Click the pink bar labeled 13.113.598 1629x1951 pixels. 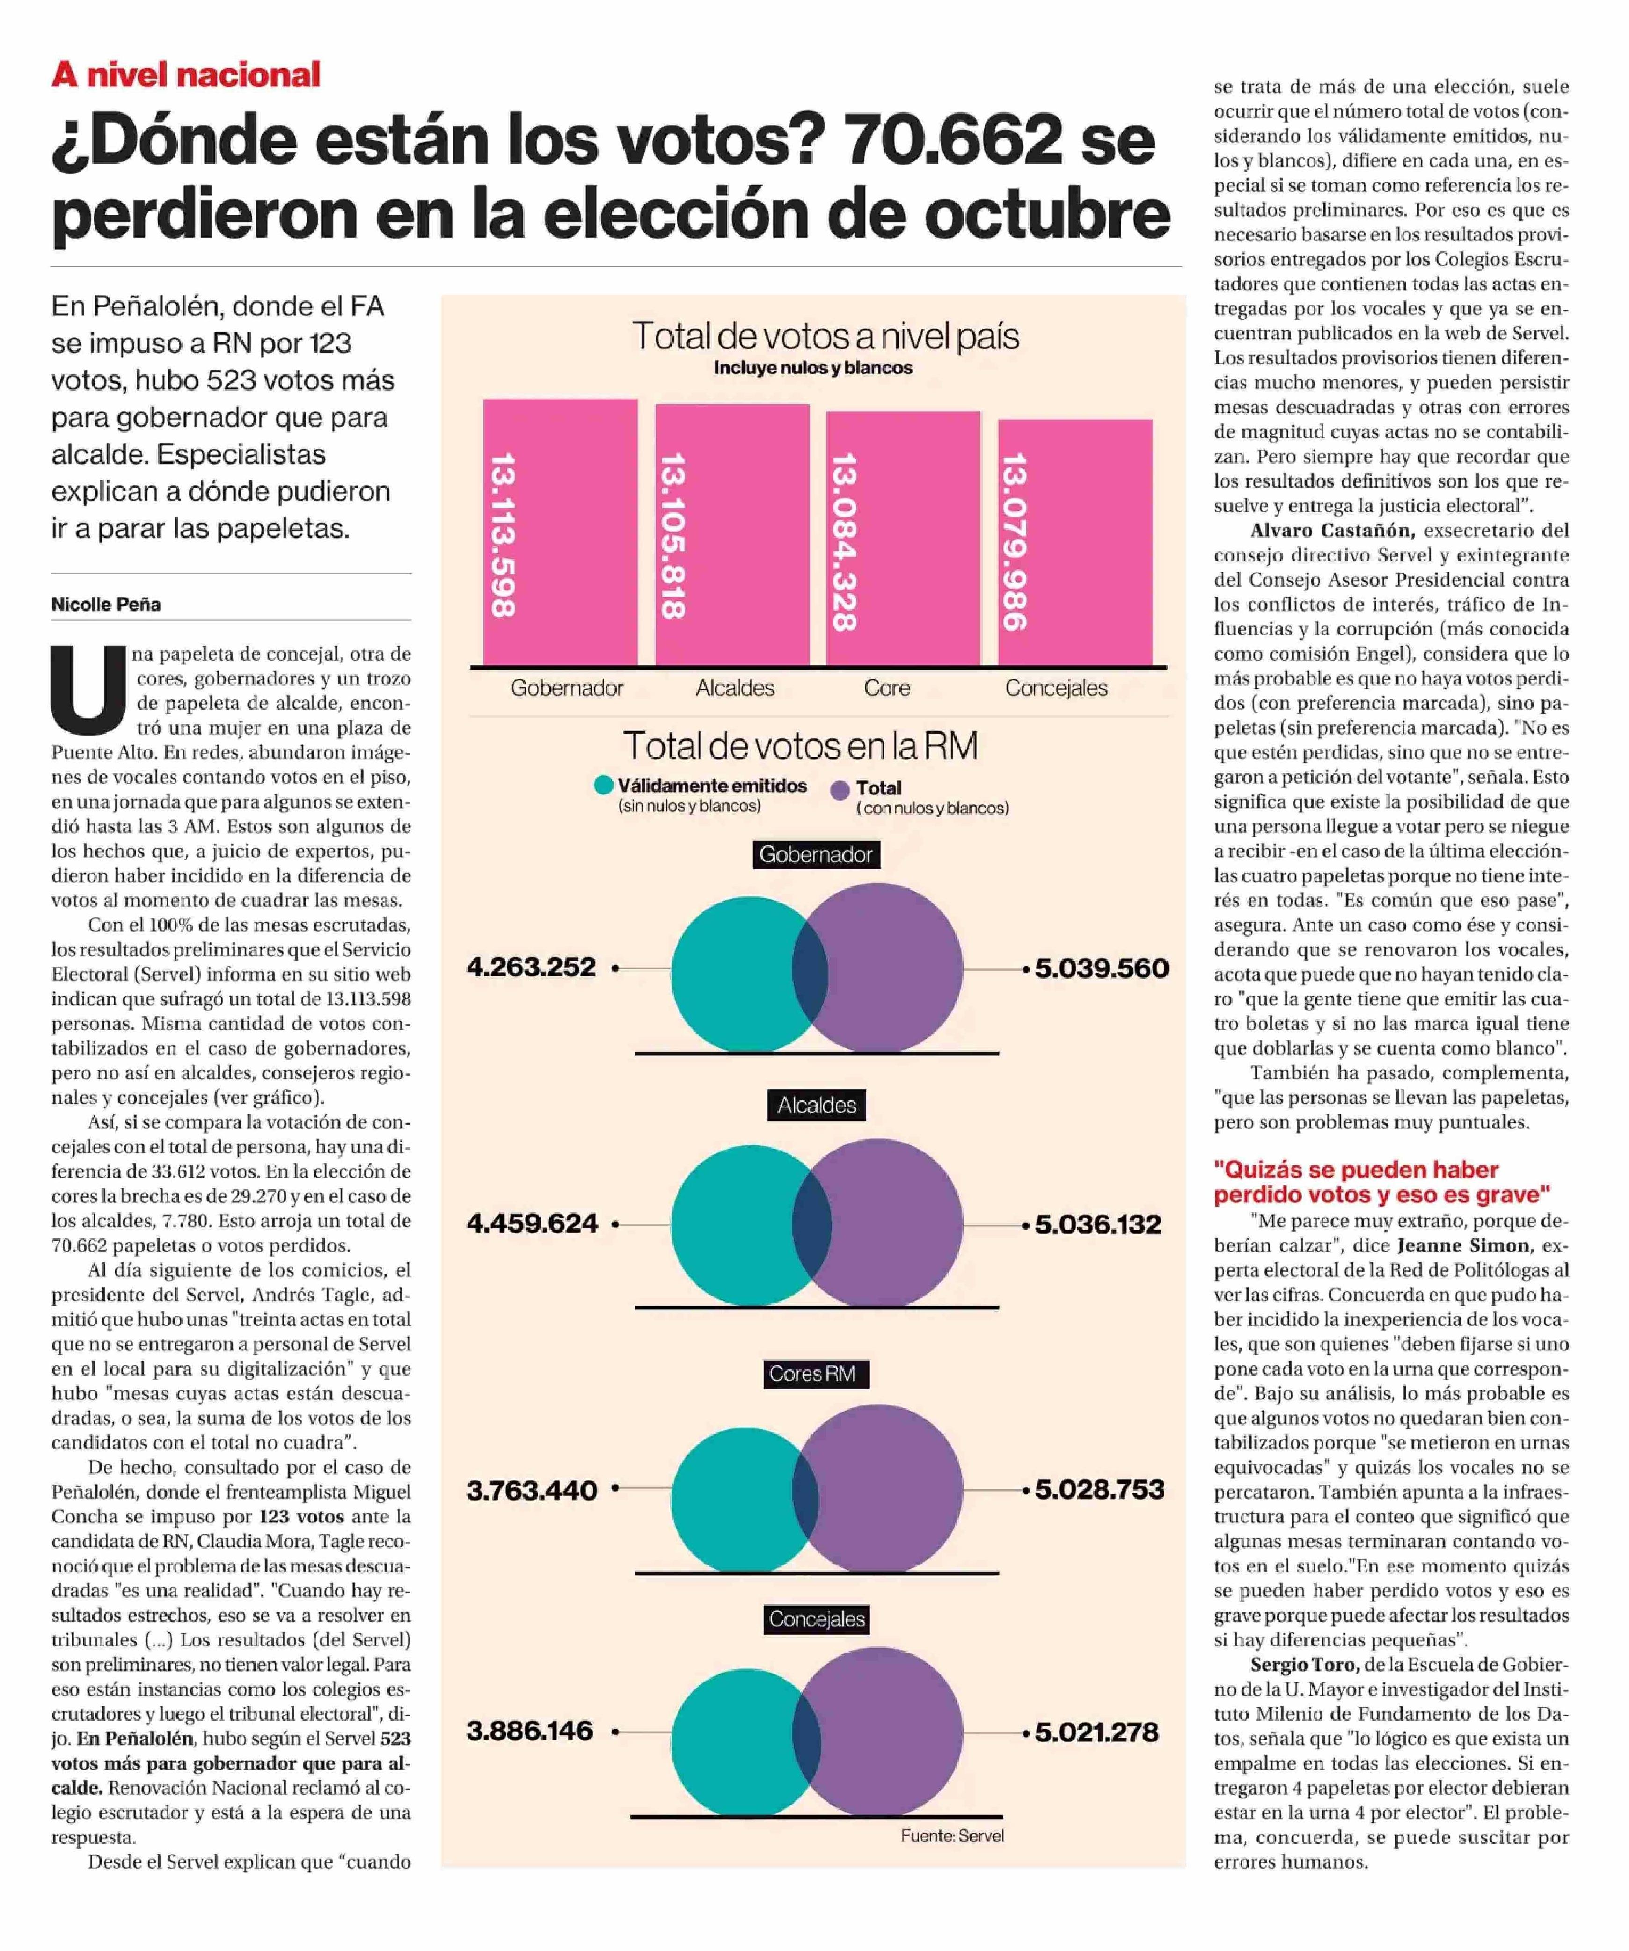[560, 532]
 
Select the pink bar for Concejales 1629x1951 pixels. [1075, 543]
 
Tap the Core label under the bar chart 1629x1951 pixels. [886, 688]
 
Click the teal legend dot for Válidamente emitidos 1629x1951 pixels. [603, 785]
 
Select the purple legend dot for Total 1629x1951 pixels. [840, 790]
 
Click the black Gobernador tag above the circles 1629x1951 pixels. [816, 855]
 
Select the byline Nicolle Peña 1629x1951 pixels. [106, 604]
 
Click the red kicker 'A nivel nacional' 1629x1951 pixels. [186, 74]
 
